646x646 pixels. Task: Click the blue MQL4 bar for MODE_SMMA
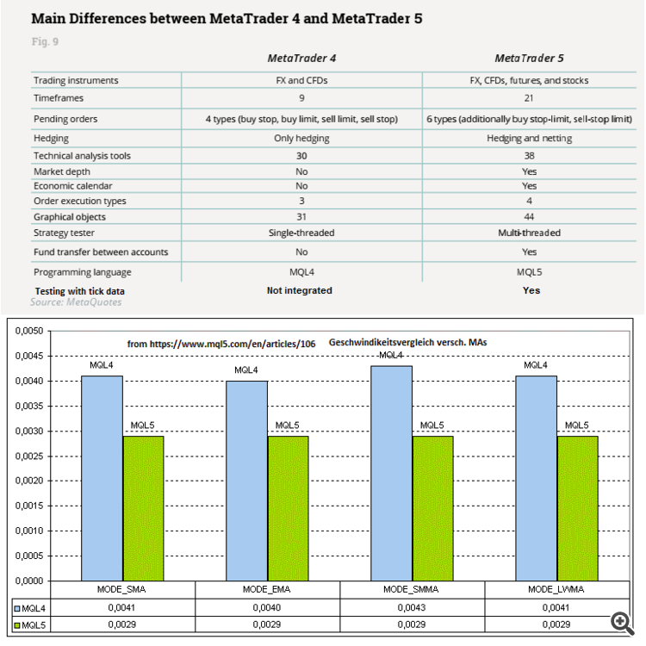point(391,473)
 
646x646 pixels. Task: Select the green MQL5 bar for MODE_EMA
point(288,508)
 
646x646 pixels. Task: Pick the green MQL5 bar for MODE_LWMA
point(577,508)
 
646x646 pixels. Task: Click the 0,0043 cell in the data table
point(412,607)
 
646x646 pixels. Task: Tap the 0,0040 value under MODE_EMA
point(267,607)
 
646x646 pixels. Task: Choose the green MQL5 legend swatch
point(16,624)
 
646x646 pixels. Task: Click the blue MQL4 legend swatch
point(16,607)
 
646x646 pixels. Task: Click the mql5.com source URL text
point(221,344)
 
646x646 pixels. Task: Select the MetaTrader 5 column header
point(529,59)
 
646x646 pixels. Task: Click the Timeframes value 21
point(529,99)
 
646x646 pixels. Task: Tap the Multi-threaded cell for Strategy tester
point(529,233)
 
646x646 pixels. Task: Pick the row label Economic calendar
point(72,186)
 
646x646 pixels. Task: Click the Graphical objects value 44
point(529,217)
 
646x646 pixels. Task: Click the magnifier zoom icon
point(619,621)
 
